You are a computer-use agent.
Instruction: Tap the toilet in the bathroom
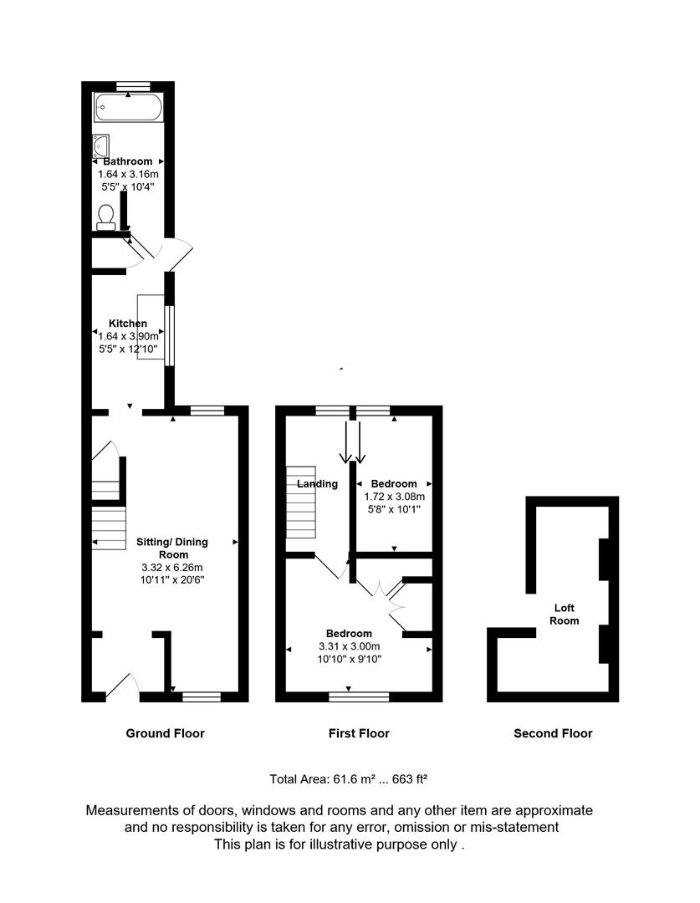click(x=106, y=217)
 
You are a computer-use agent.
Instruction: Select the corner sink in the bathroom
click(x=101, y=144)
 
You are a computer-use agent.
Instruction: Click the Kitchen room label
click(x=128, y=324)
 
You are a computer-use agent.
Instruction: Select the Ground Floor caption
click(x=165, y=733)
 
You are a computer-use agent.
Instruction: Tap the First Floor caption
click(x=359, y=733)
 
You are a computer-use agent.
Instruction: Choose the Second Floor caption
click(x=553, y=733)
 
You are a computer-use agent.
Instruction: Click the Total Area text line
click(x=349, y=778)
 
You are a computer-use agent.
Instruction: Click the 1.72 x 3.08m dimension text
click(x=394, y=496)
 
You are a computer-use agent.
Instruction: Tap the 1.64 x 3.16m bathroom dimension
click(x=128, y=174)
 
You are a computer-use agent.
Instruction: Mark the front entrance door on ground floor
click(x=123, y=686)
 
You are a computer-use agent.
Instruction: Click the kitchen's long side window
click(x=169, y=335)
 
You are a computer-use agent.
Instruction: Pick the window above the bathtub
click(x=133, y=85)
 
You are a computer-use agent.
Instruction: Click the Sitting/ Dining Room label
click(x=172, y=548)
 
